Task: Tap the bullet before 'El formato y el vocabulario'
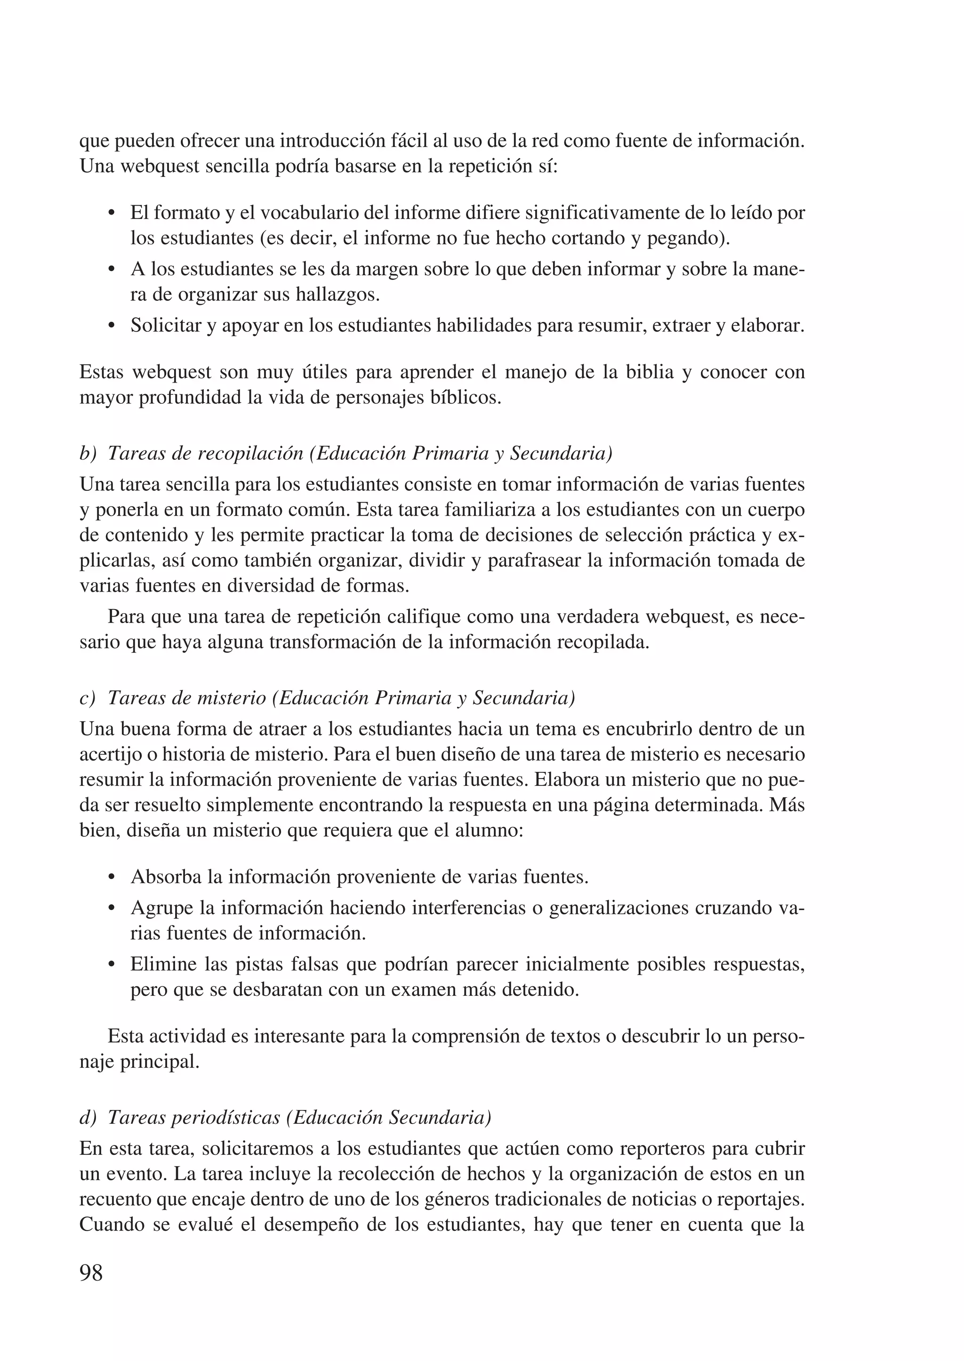111,214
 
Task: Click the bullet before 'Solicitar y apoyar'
111,327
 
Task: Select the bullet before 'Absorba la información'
111,877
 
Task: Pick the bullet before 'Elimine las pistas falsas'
111,965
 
